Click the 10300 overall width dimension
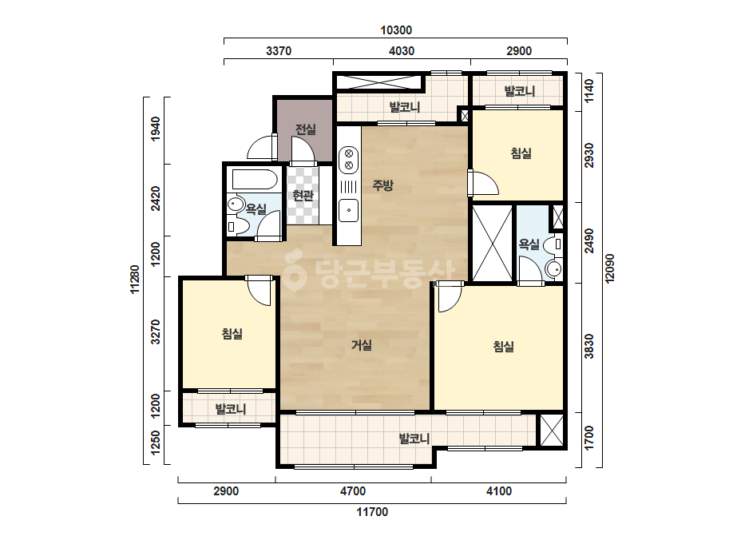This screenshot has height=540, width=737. [x=396, y=30]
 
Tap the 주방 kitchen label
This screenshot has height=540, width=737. [x=382, y=185]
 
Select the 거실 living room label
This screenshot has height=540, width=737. [x=362, y=345]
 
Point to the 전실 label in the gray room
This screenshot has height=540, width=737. [x=306, y=129]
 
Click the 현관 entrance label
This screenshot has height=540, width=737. [x=303, y=195]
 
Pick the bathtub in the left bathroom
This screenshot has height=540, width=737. [x=254, y=179]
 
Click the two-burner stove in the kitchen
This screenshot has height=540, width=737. [x=349, y=159]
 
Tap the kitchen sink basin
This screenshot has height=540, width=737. [x=349, y=210]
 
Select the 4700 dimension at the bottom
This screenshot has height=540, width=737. [x=353, y=491]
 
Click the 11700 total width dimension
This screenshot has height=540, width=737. [x=372, y=512]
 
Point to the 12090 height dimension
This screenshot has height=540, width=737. [x=609, y=268]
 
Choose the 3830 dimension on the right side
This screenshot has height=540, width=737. [x=589, y=347]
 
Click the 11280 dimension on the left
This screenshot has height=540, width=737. [x=135, y=280]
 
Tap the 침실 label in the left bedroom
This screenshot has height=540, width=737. [x=232, y=334]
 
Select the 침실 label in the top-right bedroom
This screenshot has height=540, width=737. [x=521, y=153]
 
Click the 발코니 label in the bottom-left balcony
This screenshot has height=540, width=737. [x=231, y=409]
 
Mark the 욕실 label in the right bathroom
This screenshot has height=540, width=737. [x=529, y=244]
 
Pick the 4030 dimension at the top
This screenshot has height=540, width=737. [x=402, y=51]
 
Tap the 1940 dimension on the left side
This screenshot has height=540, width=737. [x=156, y=129]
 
